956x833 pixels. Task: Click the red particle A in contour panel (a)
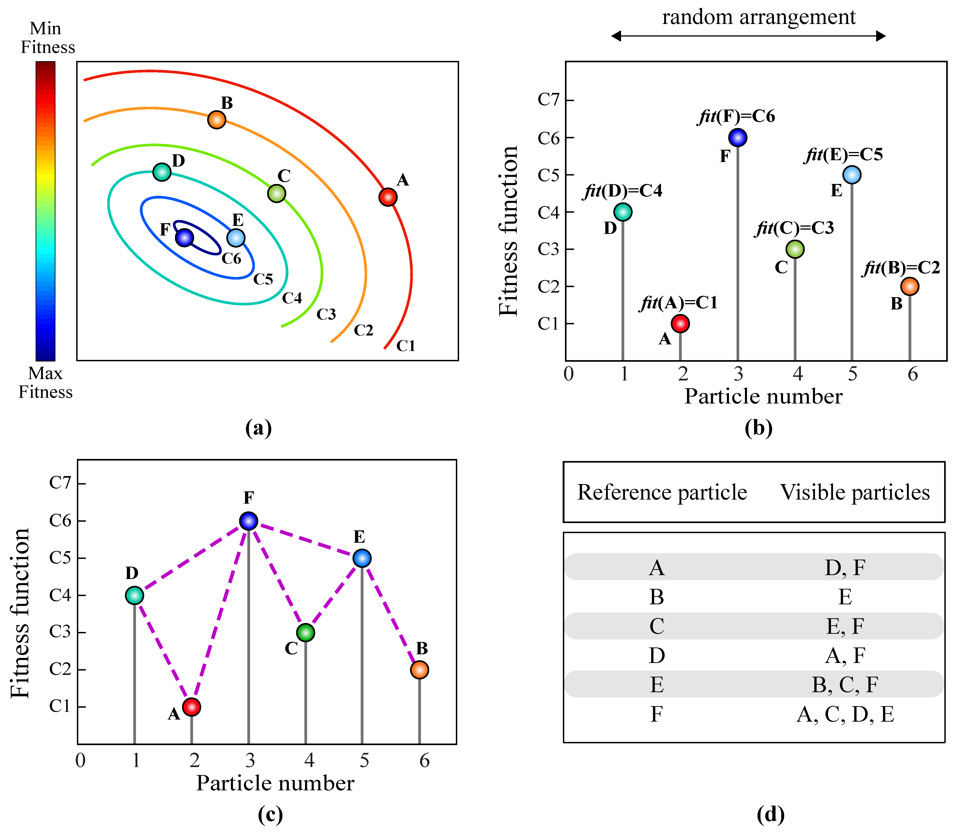pyautogui.click(x=388, y=197)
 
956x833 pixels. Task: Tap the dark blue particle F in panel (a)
pyautogui.click(x=185, y=238)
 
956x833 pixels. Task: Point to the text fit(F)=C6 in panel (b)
pyautogui.click(x=737, y=116)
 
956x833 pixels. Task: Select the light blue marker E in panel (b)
pyautogui.click(x=852, y=175)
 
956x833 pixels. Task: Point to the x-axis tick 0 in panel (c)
pyautogui.click(x=80, y=760)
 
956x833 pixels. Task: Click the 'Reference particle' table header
pyautogui.click(x=662, y=492)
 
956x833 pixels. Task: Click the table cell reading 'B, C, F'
pyautogui.click(x=845, y=685)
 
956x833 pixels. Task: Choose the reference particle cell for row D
pyautogui.click(x=657, y=655)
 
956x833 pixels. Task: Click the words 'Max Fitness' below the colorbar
pyautogui.click(x=46, y=382)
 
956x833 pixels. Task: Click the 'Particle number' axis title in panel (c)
pyautogui.click(x=275, y=783)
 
